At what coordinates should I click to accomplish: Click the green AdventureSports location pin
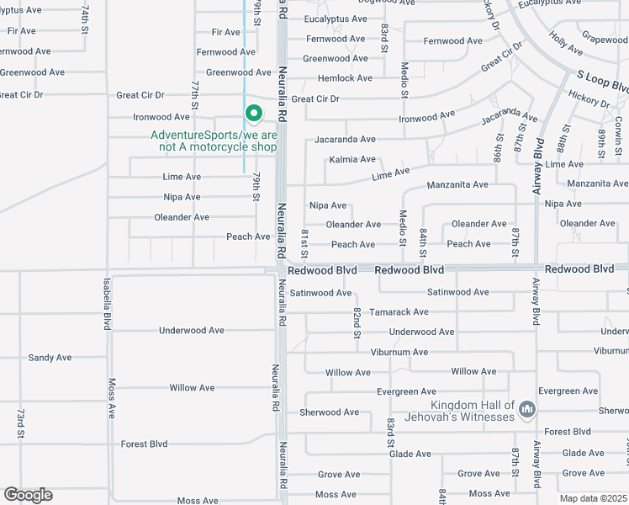(252, 113)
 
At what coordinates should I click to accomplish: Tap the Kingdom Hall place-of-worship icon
(527, 410)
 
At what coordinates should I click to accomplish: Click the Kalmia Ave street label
(352, 159)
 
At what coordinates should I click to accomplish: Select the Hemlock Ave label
(345, 78)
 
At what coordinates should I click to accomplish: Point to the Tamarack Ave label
(399, 311)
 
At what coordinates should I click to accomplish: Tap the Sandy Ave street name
(50, 358)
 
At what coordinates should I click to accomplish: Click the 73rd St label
(20, 423)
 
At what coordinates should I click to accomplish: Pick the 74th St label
(85, 17)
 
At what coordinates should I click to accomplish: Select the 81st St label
(305, 242)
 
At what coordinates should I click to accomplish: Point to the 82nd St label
(357, 323)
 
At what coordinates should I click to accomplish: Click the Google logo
(28, 495)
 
